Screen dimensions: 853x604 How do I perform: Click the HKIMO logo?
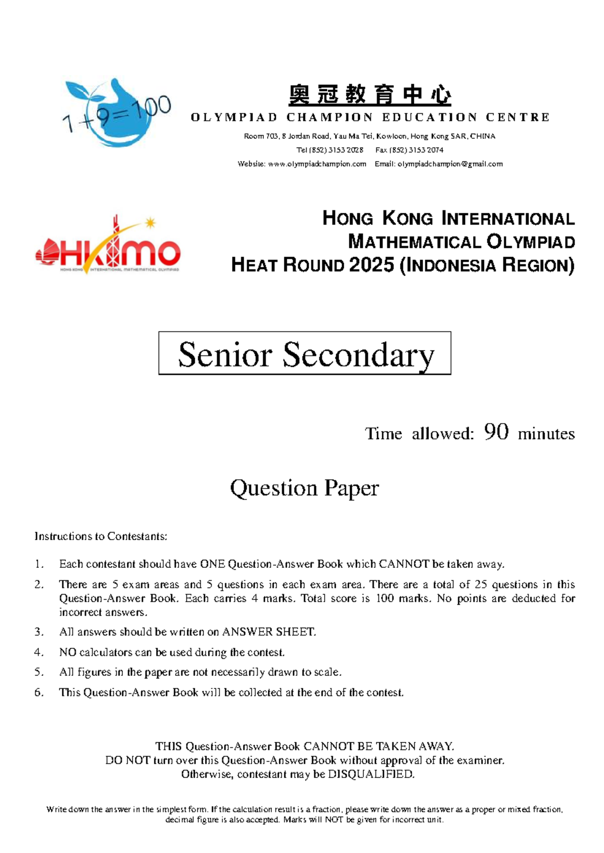coord(108,246)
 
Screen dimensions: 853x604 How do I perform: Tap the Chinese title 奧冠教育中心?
coord(370,95)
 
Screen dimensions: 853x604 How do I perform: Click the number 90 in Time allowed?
coord(496,432)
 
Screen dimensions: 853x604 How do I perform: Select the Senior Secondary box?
coord(305,353)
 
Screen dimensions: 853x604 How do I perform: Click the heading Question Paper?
coord(304,488)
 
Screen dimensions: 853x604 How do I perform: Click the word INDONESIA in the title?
coord(451,265)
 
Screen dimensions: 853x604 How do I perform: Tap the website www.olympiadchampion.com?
coord(317,164)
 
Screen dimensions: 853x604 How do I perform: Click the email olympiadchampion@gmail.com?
coord(450,164)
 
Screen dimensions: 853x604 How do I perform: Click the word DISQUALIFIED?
coord(371,774)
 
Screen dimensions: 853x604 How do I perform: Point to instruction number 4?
coord(39,652)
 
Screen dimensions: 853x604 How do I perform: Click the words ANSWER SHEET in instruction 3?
coord(269,632)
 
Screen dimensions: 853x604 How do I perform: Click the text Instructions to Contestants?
coord(101,536)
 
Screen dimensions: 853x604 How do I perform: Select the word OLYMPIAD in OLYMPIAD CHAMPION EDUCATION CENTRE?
coord(234,118)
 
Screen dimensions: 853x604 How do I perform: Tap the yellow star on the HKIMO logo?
coord(150,222)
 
